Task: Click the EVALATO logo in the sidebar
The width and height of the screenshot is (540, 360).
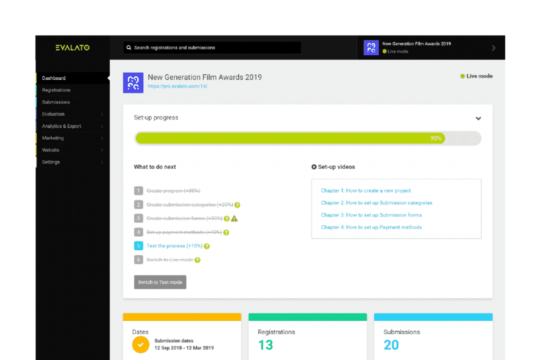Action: pyautogui.click(x=72, y=48)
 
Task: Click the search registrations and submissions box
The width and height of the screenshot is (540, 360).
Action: pyautogui.click(x=212, y=48)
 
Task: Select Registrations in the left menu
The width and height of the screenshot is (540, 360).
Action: pyautogui.click(x=56, y=90)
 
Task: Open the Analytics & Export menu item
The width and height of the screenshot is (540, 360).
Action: pyautogui.click(x=62, y=126)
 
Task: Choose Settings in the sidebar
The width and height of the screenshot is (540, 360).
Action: pyautogui.click(x=51, y=162)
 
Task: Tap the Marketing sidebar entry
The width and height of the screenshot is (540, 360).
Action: pyautogui.click(x=53, y=138)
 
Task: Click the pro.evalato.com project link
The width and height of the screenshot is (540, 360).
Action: pyautogui.click(x=177, y=87)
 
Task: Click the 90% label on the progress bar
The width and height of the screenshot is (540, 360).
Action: pyautogui.click(x=435, y=138)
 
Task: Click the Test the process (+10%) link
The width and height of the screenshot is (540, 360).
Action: pyautogui.click(x=175, y=246)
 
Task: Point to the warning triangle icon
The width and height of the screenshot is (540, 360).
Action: pyautogui.click(x=235, y=219)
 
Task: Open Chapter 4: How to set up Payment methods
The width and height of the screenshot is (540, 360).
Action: pyautogui.click(x=371, y=227)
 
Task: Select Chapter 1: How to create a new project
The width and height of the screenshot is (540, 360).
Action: pyautogui.click(x=366, y=191)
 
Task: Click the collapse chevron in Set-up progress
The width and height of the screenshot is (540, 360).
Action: pyautogui.click(x=478, y=119)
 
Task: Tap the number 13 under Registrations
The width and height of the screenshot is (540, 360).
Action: pyautogui.click(x=266, y=345)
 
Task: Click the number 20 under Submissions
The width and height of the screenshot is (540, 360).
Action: pyautogui.click(x=391, y=345)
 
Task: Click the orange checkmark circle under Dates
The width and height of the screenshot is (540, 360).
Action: pyautogui.click(x=141, y=344)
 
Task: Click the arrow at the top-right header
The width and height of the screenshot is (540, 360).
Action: pyautogui.click(x=494, y=48)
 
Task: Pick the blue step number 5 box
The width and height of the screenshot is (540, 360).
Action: pyautogui.click(x=138, y=246)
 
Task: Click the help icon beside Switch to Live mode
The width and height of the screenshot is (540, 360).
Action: pyautogui.click(x=197, y=260)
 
